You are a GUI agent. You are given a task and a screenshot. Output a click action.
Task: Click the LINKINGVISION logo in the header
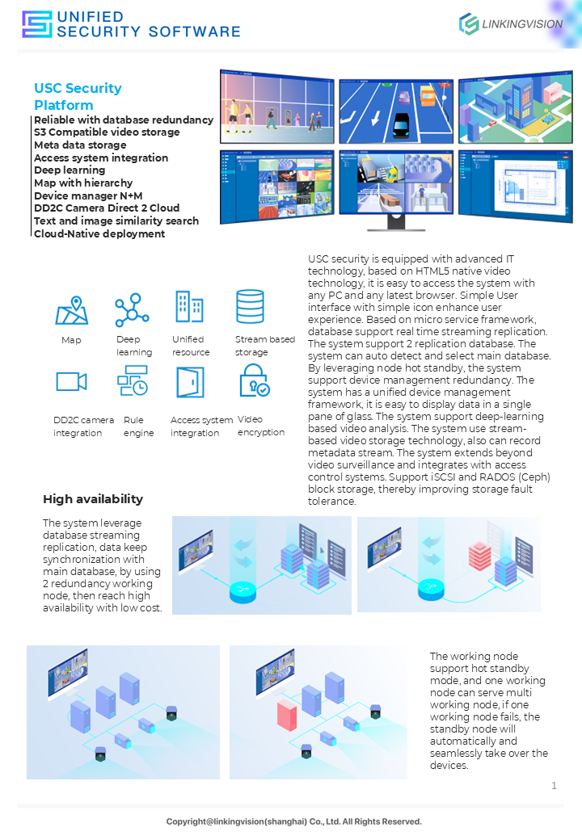click(510, 24)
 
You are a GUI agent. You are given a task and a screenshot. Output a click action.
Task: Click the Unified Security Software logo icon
click(36, 24)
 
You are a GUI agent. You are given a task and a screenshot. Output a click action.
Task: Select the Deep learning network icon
click(132, 310)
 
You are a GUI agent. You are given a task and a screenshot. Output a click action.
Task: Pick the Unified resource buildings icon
click(189, 307)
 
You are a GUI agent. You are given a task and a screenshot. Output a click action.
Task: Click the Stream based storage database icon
click(250, 307)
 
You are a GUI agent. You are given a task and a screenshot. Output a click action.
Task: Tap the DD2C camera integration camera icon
click(71, 381)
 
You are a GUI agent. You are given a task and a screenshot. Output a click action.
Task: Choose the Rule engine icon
click(133, 380)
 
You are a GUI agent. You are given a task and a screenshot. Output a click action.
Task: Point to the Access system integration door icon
click(190, 382)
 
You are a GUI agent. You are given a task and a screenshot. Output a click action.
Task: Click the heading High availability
click(93, 499)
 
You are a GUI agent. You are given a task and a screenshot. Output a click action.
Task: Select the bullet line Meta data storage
click(80, 145)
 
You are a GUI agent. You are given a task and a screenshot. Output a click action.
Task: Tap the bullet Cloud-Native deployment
click(99, 233)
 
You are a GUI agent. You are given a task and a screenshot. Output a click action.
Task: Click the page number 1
click(554, 785)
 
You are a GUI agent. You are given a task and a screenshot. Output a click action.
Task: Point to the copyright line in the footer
click(294, 821)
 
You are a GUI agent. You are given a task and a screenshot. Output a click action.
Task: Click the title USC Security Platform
click(78, 96)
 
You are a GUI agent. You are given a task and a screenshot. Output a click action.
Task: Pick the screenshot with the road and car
click(395, 111)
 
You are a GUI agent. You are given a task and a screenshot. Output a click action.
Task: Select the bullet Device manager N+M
click(88, 195)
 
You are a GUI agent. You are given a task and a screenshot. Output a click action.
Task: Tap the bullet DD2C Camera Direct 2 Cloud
click(107, 208)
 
